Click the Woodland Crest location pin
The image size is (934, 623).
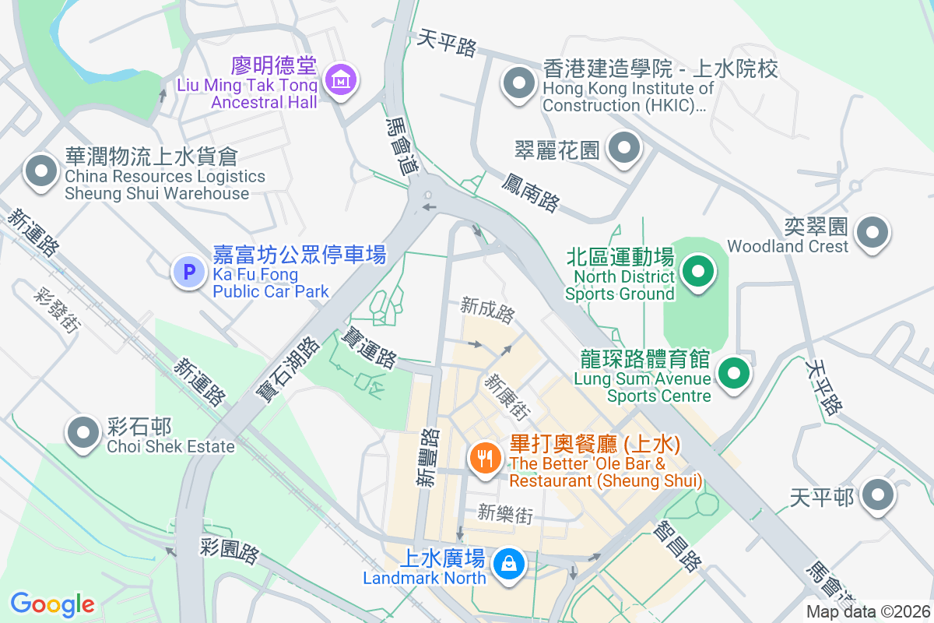(873, 232)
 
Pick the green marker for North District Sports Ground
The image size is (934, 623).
(698, 273)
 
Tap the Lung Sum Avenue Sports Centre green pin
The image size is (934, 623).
(733, 372)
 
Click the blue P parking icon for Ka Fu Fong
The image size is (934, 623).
(188, 272)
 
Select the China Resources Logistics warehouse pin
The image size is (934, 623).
(41, 171)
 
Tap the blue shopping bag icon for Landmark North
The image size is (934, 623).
(508, 561)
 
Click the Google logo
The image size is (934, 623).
(52, 604)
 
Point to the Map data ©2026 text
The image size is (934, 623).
(867, 611)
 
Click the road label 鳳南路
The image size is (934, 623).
(530, 192)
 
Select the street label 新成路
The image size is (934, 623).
(487, 310)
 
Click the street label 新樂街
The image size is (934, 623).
(505, 513)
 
